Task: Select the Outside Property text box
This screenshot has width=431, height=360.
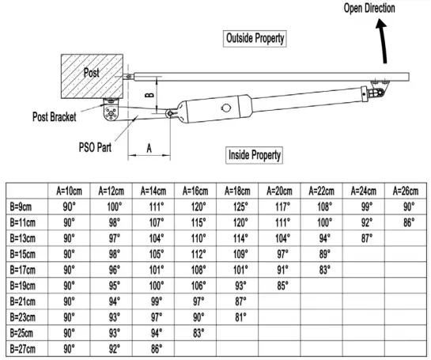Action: tap(255, 38)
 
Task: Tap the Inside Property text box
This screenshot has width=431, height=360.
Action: tap(255, 154)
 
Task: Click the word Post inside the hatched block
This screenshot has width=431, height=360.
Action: tap(94, 73)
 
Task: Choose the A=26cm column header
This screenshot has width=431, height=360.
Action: tap(404, 191)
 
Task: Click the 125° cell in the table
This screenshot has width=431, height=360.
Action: tap(240, 207)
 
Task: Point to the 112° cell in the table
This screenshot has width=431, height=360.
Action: tap(198, 254)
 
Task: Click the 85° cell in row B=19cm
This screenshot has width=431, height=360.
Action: tap(281, 286)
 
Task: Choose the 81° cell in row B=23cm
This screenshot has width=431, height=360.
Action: tap(240, 317)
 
